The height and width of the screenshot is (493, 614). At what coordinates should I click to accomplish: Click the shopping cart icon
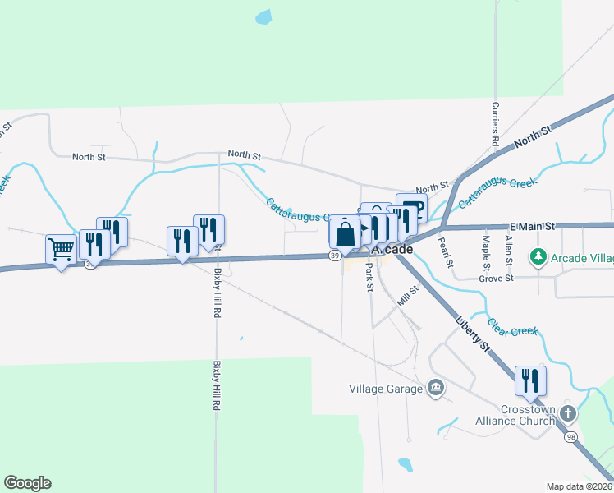pyautogui.click(x=62, y=248)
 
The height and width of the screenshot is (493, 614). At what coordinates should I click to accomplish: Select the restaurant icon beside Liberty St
pyautogui.click(x=529, y=380)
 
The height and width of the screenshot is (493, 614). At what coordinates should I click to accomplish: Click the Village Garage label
pyautogui.click(x=385, y=389)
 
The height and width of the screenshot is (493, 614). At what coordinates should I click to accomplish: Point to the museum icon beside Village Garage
pyautogui.click(x=436, y=388)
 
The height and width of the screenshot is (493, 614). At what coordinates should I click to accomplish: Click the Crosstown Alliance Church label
pyautogui.click(x=528, y=415)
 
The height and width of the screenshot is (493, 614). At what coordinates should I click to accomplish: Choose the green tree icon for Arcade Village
pyautogui.click(x=538, y=257)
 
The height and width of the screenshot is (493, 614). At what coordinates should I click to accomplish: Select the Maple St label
pyautogui.click(x=487, y=253)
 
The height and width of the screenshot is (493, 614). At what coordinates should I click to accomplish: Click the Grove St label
pyautogui.click(x=497, y=279)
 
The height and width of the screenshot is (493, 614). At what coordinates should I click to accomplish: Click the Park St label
pyautogui.click(x=369, y=277)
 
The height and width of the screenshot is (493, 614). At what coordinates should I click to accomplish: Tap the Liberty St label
pyautogui.click(x=473, y=332)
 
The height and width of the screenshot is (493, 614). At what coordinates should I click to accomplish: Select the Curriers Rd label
pyautogui.click(x=495, y=124)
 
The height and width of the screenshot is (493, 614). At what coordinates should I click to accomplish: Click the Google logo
pyautogui.click(x=27, y=483)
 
